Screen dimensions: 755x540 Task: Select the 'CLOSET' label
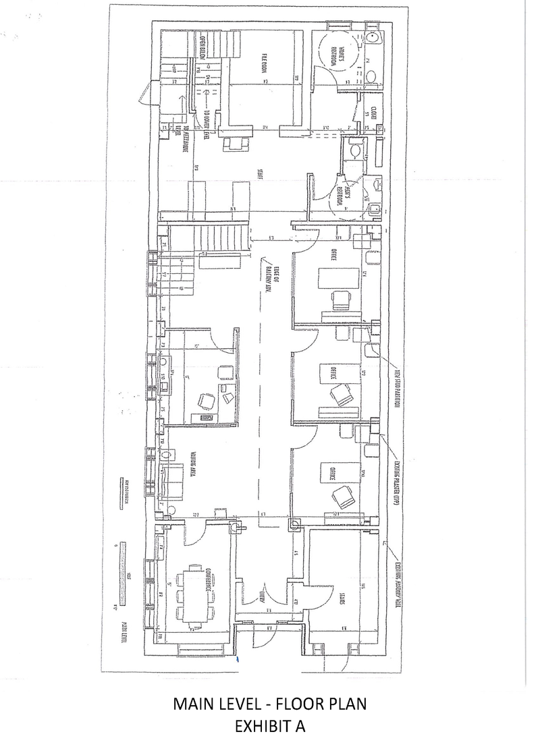pos(373,111)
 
